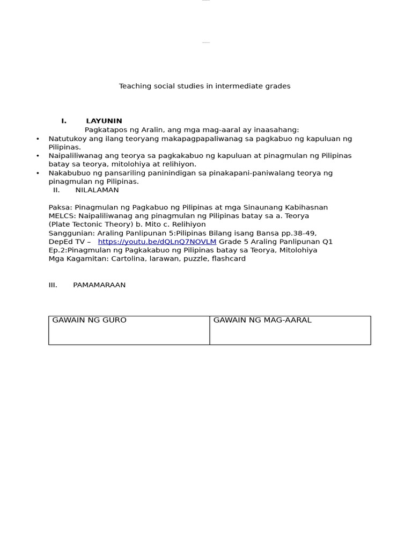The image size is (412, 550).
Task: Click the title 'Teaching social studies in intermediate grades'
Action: tap(204, 86)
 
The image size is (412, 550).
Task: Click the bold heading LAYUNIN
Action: tap(104, 121)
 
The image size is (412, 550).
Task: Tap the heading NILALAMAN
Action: tap(97, 190)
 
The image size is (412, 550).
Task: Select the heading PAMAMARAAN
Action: tap(99, 285)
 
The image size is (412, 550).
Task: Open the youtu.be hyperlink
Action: tap(157, 242)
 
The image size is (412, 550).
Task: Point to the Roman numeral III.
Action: tap(53, 285)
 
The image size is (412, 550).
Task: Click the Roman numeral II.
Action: tap(56, 190)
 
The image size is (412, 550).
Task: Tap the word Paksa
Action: tap(60, 207)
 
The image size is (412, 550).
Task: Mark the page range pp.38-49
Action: tap(300, 233)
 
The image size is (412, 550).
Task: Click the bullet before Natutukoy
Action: tap(38, 139)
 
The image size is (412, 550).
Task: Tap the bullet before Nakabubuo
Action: tap(38, 173)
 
